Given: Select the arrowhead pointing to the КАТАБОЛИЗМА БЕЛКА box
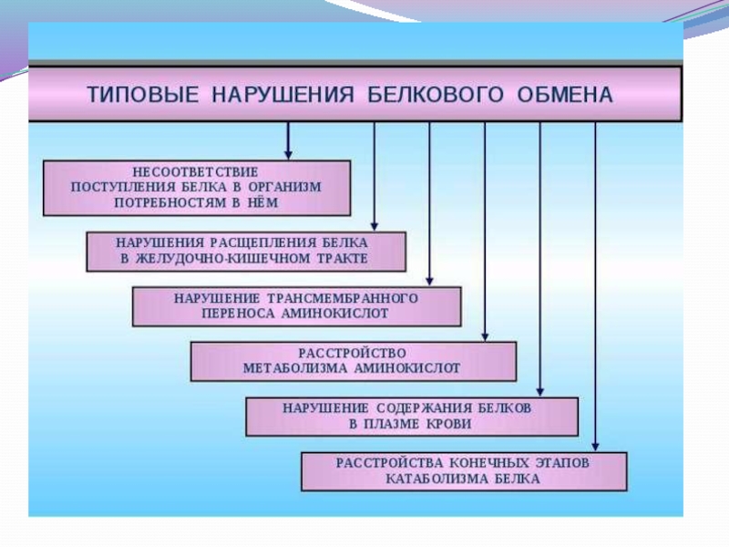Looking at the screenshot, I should tap(595, 446).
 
